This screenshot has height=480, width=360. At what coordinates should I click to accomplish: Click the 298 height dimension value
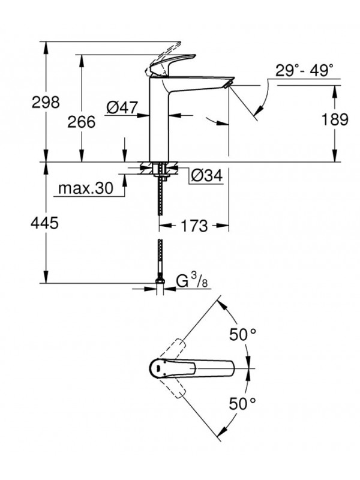point(46,103)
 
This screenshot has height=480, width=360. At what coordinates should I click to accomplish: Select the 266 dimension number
point(82,122)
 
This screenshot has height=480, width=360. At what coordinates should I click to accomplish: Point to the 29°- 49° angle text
point(304,71)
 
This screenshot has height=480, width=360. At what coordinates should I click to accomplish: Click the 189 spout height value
point(335,119)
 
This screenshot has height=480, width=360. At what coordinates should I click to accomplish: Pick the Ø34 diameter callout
point(206,176)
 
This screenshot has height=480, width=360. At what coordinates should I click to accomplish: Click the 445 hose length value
point(46,224)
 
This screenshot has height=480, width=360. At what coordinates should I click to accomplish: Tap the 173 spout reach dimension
point(193,227)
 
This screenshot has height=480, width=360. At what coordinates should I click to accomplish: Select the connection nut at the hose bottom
point(160,281)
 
